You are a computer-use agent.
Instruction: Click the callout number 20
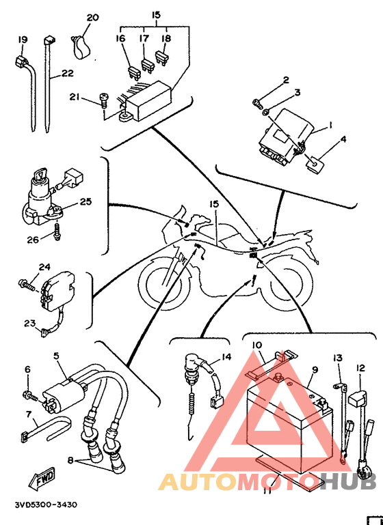click(x=93, y=18)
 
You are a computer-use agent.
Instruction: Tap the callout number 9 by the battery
click(x=315, y=369)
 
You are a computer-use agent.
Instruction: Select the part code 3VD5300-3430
click(x=46, y=505)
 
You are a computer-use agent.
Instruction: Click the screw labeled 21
click(x=104, y=100)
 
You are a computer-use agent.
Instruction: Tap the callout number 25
click(x=86, y=201)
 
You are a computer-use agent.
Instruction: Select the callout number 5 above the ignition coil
click(x=56, y=356)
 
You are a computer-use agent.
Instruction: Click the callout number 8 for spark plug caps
click(x=70, y=460)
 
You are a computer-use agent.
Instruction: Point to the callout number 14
click(x=226, y=357)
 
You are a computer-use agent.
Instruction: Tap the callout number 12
click(x=360, y=368)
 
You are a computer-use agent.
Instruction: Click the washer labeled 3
click(x=265, y=112)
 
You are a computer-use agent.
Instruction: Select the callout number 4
click(x=343, y=139)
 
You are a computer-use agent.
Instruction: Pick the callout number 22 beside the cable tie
click(x=67, y=72)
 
